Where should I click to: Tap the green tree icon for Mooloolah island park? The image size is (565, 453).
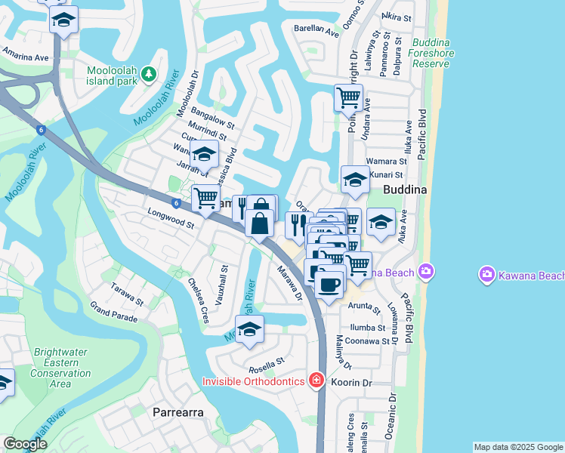pos(150,73)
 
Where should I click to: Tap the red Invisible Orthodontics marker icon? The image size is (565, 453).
pos(316,381)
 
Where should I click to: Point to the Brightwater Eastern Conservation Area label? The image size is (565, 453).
pos(60,368)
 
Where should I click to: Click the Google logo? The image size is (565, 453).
pos(25,444)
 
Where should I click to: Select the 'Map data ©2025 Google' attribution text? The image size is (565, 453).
pos(517,447)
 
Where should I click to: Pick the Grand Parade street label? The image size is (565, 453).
pos(114,312)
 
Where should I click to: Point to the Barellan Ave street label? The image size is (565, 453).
pos(316,30)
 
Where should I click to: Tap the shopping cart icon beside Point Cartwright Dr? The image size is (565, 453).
pos(348,97)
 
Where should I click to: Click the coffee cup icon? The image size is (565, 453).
pos(329,284)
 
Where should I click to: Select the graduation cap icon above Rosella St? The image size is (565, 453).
pos(250,329)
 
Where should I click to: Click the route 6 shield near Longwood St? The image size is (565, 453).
pos(175,202)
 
